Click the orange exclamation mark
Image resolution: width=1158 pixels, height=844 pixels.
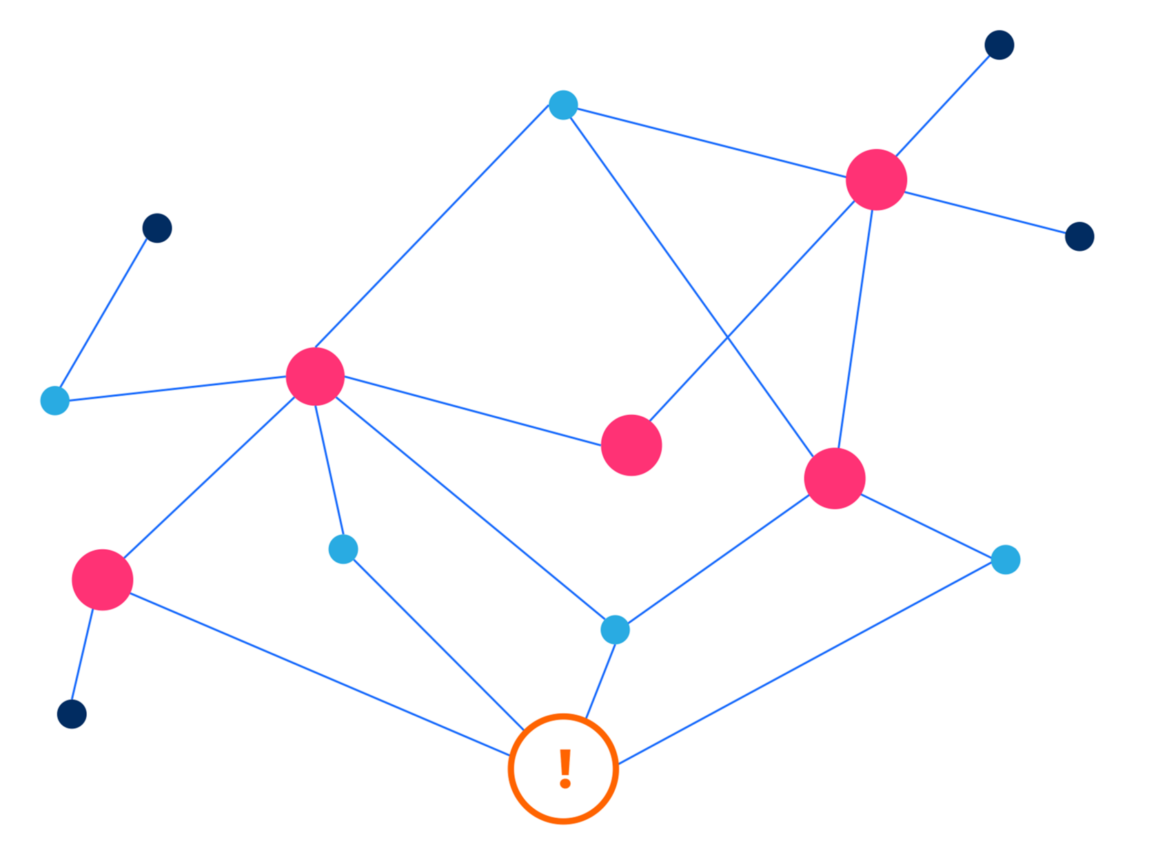click(x=565, y=769)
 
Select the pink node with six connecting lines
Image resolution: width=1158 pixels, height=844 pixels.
click(x=315, y=376)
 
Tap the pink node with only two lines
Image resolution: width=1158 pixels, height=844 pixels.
click(x=631, y=445)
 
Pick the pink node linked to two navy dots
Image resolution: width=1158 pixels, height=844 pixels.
click(x=876, y=179)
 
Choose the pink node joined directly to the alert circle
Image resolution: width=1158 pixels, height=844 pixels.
click(x=102, y=579)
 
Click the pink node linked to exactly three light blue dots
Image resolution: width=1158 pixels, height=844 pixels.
click(x=834, y=478)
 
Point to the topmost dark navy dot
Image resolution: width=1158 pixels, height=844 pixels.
click(x=999, y=45)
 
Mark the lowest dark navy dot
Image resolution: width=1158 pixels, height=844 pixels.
click(x=72, y=714)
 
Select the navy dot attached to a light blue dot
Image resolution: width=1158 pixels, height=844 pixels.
click(x=157, y=228)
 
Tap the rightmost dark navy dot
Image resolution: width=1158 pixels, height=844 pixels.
click(x=1079, y=236)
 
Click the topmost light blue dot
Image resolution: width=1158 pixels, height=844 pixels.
click(x=563, y=105)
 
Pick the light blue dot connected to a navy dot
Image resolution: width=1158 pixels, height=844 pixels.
click(x=54, y=400)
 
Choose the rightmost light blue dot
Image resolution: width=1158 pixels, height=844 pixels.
click(x=1005, y=559)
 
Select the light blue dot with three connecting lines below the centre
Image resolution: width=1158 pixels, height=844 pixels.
click(x=615, y=630)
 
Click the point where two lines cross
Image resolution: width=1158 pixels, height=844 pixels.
click(x=728, y=337)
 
